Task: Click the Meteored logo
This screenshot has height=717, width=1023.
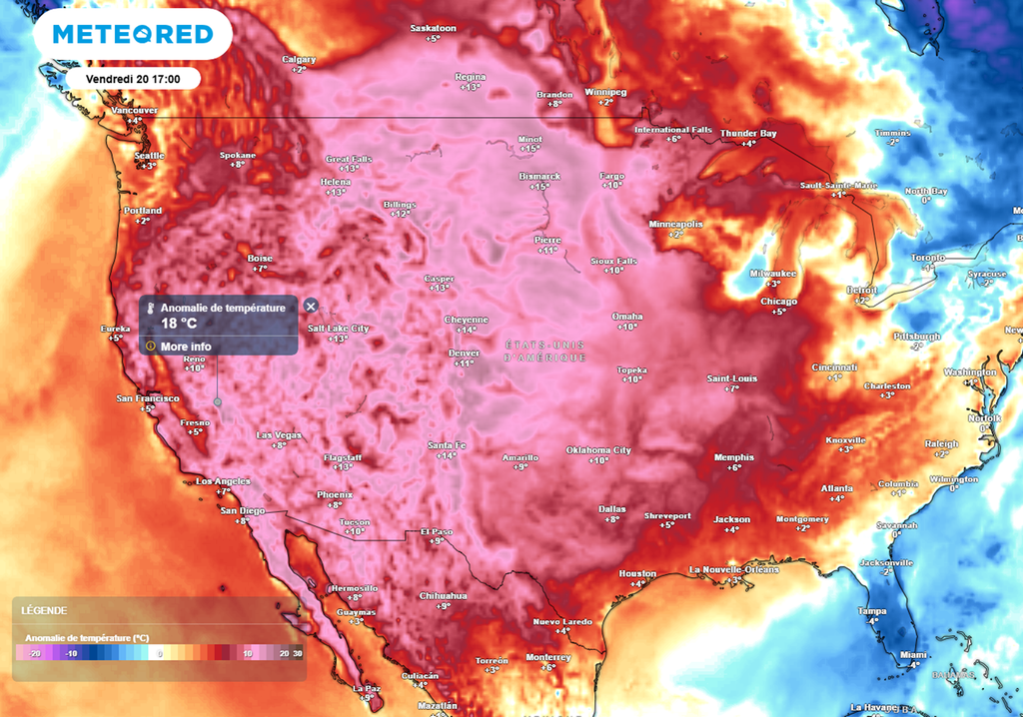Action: point(132,35)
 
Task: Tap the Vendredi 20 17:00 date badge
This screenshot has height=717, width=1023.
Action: point(133,78)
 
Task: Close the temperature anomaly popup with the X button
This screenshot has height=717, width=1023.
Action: point(311,307)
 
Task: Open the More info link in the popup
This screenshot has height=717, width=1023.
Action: point(185,347)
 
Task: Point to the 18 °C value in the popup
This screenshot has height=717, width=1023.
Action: point(179,325)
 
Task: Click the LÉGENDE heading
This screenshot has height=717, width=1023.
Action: point(45,610)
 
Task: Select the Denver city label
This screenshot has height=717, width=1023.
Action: point(464,353)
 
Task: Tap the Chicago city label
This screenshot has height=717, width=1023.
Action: point(778,301)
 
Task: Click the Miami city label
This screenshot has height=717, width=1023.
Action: point(911,655)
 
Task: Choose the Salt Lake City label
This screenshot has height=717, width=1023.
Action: point(338,328)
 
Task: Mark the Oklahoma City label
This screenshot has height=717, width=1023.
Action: point(598,449)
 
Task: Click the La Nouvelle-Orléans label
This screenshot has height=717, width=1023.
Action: point(734,569)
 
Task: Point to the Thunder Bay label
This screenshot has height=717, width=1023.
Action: point(748,133)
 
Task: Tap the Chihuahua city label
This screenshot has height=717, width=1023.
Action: point(443,595)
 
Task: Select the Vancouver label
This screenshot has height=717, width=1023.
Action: point(135,110)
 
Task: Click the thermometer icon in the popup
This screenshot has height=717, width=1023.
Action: point(150,309)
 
